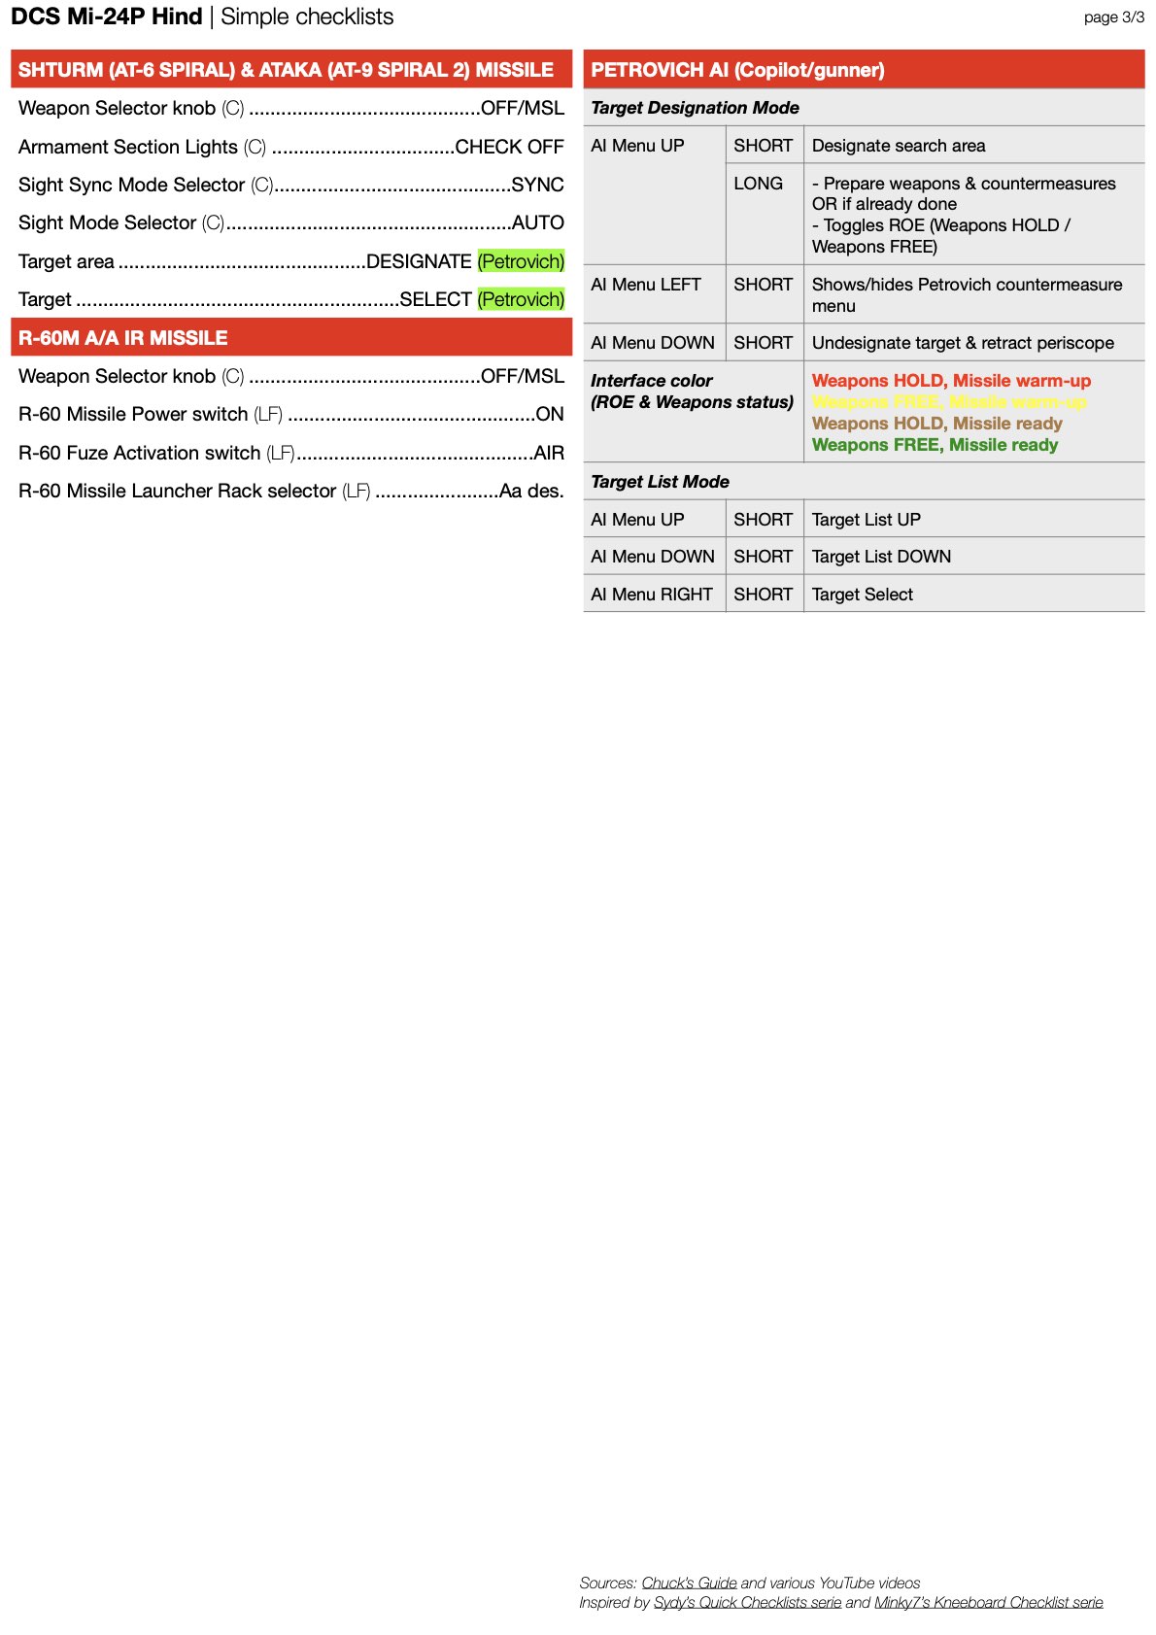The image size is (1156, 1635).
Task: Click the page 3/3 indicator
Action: [x=1113, y=17]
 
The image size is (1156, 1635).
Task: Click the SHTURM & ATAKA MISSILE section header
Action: [x=286, y=70]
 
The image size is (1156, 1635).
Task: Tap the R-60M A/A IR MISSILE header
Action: [x=123, y=338]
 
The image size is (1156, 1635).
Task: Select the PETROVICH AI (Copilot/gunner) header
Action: [x=737, y=70]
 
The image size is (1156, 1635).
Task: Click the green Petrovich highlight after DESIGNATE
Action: [x=521, y=261]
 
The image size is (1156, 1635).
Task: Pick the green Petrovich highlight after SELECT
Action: [x=521, y=299]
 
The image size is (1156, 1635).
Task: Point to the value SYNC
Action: [x=537, y=185]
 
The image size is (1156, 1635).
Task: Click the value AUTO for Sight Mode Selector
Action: [x=537, y=222]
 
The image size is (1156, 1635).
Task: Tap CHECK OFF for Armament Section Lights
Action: [x=509, y=147]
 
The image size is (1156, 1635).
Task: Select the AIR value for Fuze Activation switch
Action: [x=549, y=453]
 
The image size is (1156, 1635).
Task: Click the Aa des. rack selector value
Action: [x=531, y=491]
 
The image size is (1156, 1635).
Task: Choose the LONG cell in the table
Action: [x=758, y=184]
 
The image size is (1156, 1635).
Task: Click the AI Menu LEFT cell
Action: [x=646, y=285]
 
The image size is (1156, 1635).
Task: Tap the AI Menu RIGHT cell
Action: [x=652, y=595]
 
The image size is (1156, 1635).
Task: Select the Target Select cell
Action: [x=863, y=595]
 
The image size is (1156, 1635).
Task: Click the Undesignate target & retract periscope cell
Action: [x=963, y=343]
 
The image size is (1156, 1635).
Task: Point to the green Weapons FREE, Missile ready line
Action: [x=935, y=445]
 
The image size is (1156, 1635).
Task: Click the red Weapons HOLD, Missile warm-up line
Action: [x=951, y=381]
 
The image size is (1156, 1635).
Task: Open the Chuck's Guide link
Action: [x=689, y=1584]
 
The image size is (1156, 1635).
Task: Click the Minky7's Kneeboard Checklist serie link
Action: [x=988, y=1603]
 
